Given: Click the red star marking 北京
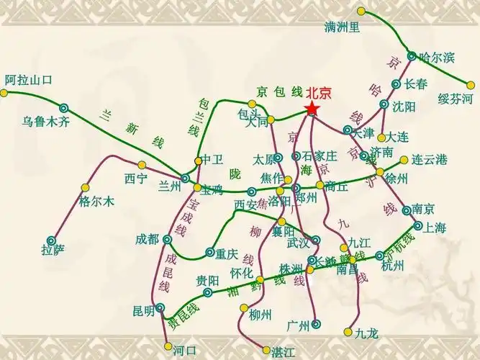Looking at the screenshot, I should coord(312,109).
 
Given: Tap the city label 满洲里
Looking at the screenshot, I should coord(342,27).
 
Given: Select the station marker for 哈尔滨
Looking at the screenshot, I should coord(412,56).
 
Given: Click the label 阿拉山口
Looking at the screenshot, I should coord(29,79).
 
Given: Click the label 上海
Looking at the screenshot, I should coord(435,228).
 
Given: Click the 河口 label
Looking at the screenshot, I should coord(185,351).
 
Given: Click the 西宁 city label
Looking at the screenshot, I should coord(135,177).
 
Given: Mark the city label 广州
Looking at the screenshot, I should coord(297,324).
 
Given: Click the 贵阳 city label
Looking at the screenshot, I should coord(208,280).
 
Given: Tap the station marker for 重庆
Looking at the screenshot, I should coord(209,253).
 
